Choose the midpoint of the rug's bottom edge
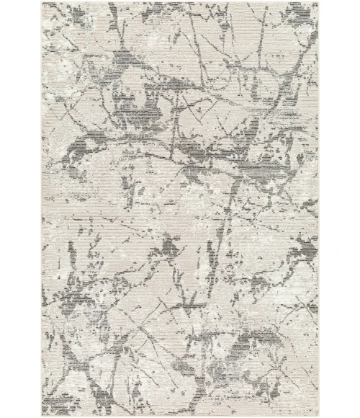coord(180,414)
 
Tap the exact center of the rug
coord(180,209)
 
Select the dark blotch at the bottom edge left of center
coord(137,404)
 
